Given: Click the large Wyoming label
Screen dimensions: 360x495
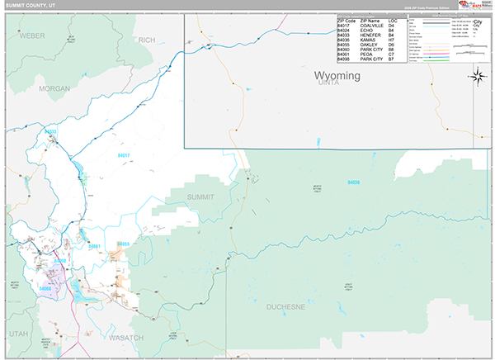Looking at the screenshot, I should click(338, 76).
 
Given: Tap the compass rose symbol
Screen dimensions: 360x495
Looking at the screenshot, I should click(477, 78).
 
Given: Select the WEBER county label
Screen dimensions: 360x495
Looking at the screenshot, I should click(31, 36).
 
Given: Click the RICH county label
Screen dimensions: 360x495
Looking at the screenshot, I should click(147, 40).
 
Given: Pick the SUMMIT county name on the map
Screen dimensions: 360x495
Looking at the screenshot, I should click(200, 197).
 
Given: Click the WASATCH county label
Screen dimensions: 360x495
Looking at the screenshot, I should click(126, 338).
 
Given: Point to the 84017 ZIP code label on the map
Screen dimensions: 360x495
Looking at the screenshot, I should click(124, 155).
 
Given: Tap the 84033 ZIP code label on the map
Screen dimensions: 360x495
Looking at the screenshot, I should click(51, 132).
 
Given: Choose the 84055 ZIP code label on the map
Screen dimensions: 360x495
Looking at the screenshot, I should click(123, 244).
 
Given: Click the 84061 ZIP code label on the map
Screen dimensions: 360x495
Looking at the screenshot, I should click(95, 246).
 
